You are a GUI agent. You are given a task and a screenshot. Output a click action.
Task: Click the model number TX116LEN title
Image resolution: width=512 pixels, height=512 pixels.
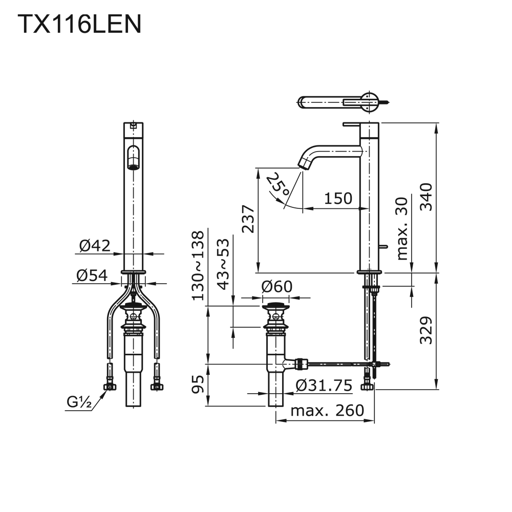pos(79,24)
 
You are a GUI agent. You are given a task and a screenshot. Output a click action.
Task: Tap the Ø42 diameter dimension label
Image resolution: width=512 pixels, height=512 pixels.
pos(95,246)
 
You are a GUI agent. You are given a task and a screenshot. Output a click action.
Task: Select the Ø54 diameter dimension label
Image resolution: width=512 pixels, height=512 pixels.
pos(92,275)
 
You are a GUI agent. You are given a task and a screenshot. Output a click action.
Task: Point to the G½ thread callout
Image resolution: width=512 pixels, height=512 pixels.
pos(79,402)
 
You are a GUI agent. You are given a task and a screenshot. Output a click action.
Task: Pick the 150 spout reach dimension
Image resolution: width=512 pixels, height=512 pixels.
pos(338,198)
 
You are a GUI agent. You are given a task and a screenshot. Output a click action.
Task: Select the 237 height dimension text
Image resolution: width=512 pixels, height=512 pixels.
pos(248,219)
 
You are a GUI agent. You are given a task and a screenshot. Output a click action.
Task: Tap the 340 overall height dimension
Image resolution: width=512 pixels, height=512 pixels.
pos(426,197)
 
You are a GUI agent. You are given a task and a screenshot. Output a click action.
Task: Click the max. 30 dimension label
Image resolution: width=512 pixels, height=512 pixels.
pos(402,228)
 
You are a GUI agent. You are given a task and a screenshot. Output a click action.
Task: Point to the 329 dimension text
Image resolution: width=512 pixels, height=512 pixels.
pos(426,330)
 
